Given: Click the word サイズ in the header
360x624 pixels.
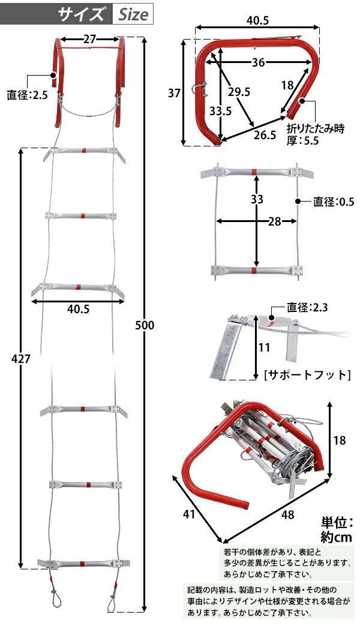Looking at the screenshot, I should (x=83, y=14).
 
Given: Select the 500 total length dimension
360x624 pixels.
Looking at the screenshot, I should (x=145, y=325).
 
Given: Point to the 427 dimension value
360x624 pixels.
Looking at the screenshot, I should (x=20, y=358).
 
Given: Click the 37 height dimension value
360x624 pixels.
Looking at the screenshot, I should (x=174, y=93).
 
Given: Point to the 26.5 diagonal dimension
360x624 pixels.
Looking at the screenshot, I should (x=264, y=135).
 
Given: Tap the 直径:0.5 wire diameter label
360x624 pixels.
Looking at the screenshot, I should (x=334, y=202).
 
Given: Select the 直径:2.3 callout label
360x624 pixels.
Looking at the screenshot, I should (x=307, y=308).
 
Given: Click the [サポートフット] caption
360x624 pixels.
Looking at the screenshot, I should (x=307, y=375).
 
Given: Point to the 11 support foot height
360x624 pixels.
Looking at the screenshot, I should (x=264, y=347).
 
